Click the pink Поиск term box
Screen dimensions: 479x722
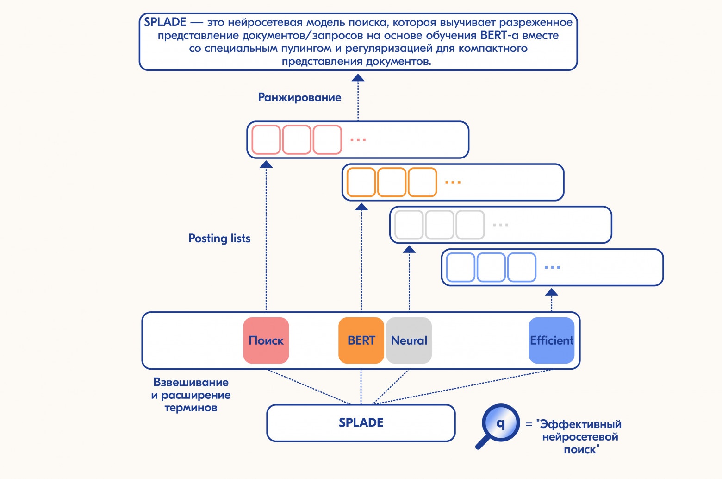pyautogui.click(x=266, y=340)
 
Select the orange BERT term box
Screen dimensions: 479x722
pyautogui.click(x=361, y=340)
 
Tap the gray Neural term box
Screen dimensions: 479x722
pyautogui.click(x=409, y=340)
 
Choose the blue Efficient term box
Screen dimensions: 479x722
pyautogui.click(x=551, y=340)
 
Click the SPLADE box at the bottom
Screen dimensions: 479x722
pyautogui.click(x=361, y=422)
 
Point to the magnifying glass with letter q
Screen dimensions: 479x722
pyautogui.click(x=499, y=423)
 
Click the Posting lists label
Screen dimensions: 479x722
pyautogui.click(x=219, y=238)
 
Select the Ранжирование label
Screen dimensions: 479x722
pyautogui.click(x=299, y=97)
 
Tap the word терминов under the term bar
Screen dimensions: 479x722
pyautogui.click(x=191, y=408)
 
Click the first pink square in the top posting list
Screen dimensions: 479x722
pyautogui.click(x=266, y=139)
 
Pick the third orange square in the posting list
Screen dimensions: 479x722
pyautogui.click(x=422, y=182)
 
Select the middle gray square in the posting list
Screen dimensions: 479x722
pyautogui.click(x=439, y=225)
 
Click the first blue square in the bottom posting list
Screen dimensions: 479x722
pyautogui.click(x=460, y=267)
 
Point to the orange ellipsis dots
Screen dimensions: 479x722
pyautogui.click(x=453, y=183)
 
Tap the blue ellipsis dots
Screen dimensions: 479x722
pyautogui.click(x=552, y=268)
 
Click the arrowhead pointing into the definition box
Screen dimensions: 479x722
pyautogui.click(x=358, y=78)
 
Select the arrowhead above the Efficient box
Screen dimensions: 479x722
pyautogui.click(x=551, y=292)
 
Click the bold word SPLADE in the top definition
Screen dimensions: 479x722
pyautogui.click(x=165, y=22)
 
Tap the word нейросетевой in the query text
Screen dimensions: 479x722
pyautogui.click(x=580, y=437)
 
